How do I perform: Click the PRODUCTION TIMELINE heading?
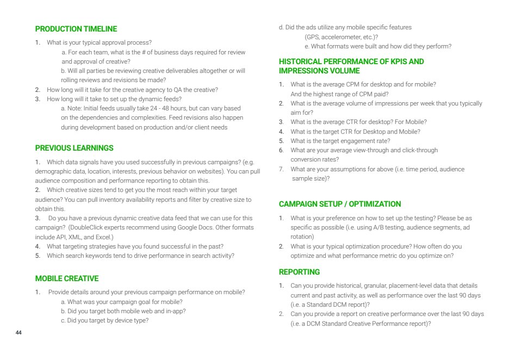76,29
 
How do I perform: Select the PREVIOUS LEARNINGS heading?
74,148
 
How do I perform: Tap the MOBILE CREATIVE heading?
67,278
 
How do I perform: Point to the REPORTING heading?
299,272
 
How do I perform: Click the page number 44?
18,332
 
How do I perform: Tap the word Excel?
102,237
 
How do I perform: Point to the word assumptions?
344,169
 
